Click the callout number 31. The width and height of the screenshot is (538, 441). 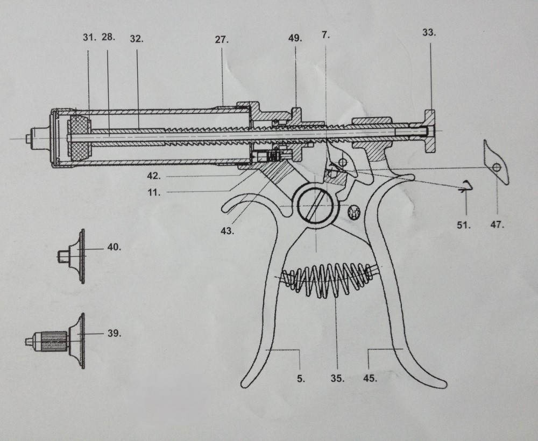click(89, 38)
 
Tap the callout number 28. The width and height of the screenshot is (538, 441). click(109, 37)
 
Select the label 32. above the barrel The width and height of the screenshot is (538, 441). click(137, 39)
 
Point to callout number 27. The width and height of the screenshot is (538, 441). click(222, 40)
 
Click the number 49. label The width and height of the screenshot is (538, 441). click(295, 38)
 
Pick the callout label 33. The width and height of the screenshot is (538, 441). click(429, 33)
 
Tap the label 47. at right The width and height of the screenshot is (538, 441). click(497, 225)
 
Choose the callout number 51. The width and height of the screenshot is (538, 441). click(464, 225)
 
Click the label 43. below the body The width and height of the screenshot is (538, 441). click(227, 231)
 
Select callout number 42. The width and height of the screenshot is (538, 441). click(154, 176)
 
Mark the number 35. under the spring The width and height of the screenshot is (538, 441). click(338, 378)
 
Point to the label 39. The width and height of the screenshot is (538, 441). click(114, 333)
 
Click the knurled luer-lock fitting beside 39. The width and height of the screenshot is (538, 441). click(55, 341)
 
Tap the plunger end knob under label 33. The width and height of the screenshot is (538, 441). click(430, 131)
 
